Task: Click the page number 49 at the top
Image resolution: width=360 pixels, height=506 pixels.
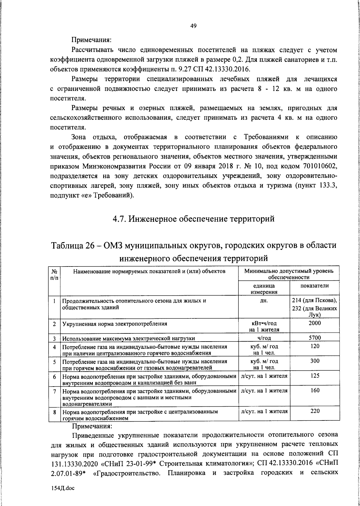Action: coord(193,26)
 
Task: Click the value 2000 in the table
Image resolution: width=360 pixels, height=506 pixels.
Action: coord(314,323)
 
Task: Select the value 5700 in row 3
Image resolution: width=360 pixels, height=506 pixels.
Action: coord(315,338)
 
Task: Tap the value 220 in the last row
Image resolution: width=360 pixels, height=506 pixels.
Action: coord(315,411)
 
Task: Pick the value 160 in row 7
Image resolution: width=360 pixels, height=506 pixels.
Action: coord(315,390)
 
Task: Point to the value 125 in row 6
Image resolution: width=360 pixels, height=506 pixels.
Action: coord(315,376)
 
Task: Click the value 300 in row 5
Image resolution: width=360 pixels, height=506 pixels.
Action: coord(315,361)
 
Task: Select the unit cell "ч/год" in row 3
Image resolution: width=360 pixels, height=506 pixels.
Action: coord(264,338)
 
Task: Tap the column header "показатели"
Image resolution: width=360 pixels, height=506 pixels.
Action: coord(314,286)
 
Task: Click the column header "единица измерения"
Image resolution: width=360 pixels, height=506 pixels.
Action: coord(264,289)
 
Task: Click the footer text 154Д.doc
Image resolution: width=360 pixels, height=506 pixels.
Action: coord(62,488)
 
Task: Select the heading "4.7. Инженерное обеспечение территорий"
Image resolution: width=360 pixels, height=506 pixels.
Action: coord(193,219)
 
